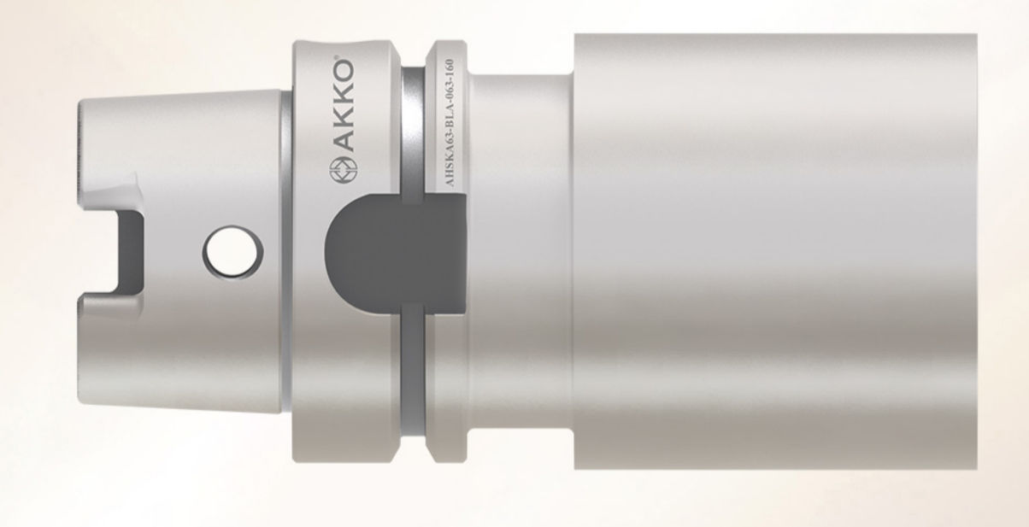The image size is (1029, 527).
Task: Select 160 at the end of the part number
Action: [450, 67]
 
